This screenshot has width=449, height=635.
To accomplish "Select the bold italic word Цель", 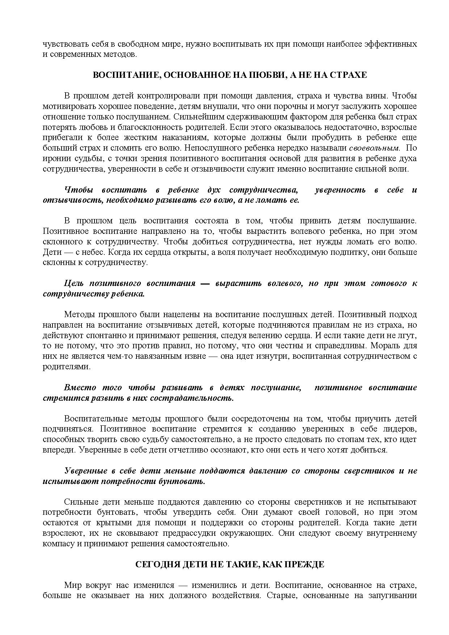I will (x=74, y=283).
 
